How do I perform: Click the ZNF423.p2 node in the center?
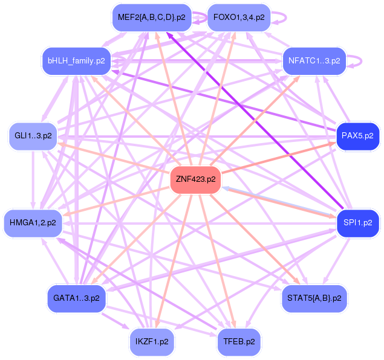click(195, 179)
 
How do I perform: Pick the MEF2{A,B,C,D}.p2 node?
click(152, 18)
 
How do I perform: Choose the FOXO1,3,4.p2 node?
click(239, 18)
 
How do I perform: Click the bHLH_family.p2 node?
click(76, 60)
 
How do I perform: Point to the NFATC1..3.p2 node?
click(314, 60)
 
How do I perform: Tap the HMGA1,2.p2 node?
click(33, 223)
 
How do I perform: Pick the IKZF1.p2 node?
click(152, 342)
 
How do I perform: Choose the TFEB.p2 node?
click(239, 342)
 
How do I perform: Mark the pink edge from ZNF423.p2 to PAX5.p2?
click(278, 158)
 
